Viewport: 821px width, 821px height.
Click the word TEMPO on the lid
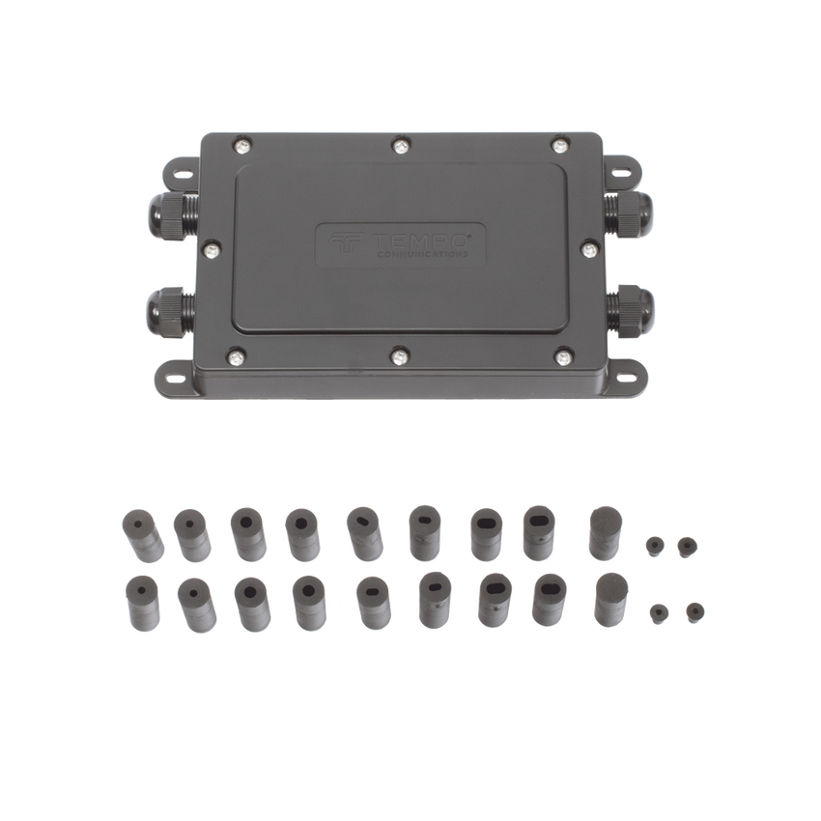click(419, 241)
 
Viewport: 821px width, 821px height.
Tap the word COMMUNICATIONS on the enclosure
click(422, 254)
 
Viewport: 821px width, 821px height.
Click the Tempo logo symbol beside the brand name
click(346, 244)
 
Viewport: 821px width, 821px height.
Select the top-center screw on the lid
click(400, 145)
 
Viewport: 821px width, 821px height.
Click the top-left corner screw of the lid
click(241, 146)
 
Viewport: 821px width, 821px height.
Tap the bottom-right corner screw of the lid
click(563, 357)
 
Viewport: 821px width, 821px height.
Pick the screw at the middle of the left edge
click(211, 251)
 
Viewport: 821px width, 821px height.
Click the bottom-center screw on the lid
click(400, 357)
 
